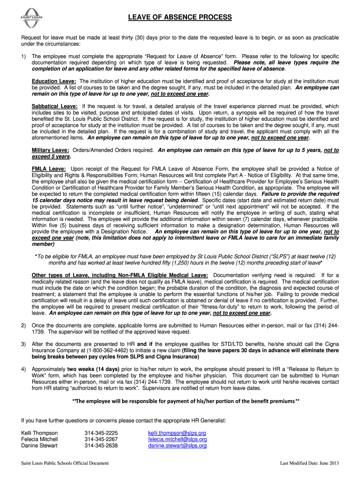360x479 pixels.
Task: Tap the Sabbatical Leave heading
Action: click(55, 106)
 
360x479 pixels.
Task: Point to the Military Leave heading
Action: click(50, 150)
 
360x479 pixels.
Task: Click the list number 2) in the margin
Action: click(23, 325)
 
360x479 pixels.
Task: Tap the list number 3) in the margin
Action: click(23, 344)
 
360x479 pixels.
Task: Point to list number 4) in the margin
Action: click(23, 369)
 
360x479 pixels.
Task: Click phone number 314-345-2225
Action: click(101, 433)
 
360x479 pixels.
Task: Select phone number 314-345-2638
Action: click(101, 446)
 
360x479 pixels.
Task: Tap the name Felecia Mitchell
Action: click(40, 440)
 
